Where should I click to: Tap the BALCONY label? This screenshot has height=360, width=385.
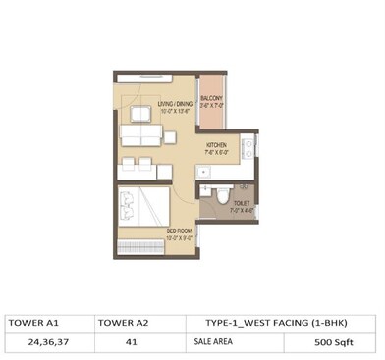210,99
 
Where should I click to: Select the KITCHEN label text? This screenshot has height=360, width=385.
216,144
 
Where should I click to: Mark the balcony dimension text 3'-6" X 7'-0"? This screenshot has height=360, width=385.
210,106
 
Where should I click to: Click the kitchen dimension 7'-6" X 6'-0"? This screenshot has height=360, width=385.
216,151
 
